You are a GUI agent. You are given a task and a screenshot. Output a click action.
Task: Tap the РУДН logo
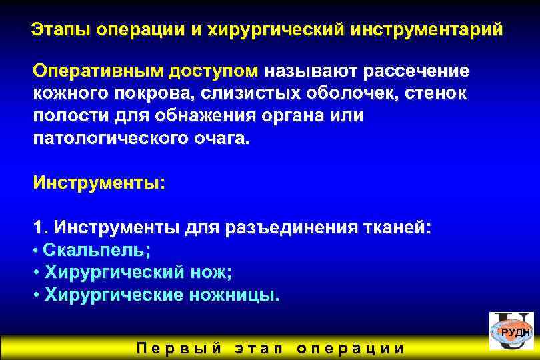511,331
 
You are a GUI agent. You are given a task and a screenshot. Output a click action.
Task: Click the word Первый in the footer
178,348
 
